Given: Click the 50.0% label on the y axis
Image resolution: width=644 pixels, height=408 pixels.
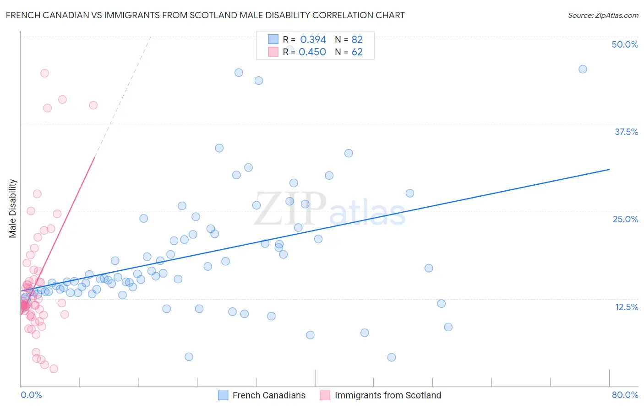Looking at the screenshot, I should [x=625, y=44].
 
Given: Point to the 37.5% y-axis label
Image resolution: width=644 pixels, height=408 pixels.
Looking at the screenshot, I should [x=626, y=132].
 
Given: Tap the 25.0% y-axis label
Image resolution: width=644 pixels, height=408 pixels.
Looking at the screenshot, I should [x=625, y=219].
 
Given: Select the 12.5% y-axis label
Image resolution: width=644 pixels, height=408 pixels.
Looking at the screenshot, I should [x=626, y=307].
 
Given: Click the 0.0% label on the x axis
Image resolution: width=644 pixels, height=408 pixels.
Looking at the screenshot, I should [x=31, y=395].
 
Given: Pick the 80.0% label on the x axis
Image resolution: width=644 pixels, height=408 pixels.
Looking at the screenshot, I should [x=625, y=395].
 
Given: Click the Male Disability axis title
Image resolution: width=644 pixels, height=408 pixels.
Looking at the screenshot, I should [x=13, y=208].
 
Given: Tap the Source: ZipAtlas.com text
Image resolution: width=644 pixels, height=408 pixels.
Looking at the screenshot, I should [x=603, y=15].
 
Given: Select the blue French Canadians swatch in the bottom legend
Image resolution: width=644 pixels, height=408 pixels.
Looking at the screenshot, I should [x=223, y=395].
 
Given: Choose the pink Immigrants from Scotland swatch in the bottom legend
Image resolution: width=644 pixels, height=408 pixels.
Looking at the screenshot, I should [x=325, y=395].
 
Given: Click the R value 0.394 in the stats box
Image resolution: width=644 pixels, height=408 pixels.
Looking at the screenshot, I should [x=313, y=39].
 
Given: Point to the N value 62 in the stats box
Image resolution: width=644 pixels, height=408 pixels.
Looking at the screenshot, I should [x=357, y=52].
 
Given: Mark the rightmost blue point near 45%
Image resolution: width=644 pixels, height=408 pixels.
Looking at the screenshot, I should [x=583, y=69].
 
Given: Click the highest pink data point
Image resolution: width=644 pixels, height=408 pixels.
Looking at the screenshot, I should [x=44, y=73].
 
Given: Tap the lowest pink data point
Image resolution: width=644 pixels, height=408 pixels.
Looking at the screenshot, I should [x=54, y=369].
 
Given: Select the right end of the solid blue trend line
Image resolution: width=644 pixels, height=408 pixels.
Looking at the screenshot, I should [x=610, y=169].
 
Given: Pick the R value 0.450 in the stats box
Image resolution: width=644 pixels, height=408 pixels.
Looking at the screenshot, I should [x=312, y=52].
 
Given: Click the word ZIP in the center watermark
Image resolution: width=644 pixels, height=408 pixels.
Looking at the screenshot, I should [x=290, y=209].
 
